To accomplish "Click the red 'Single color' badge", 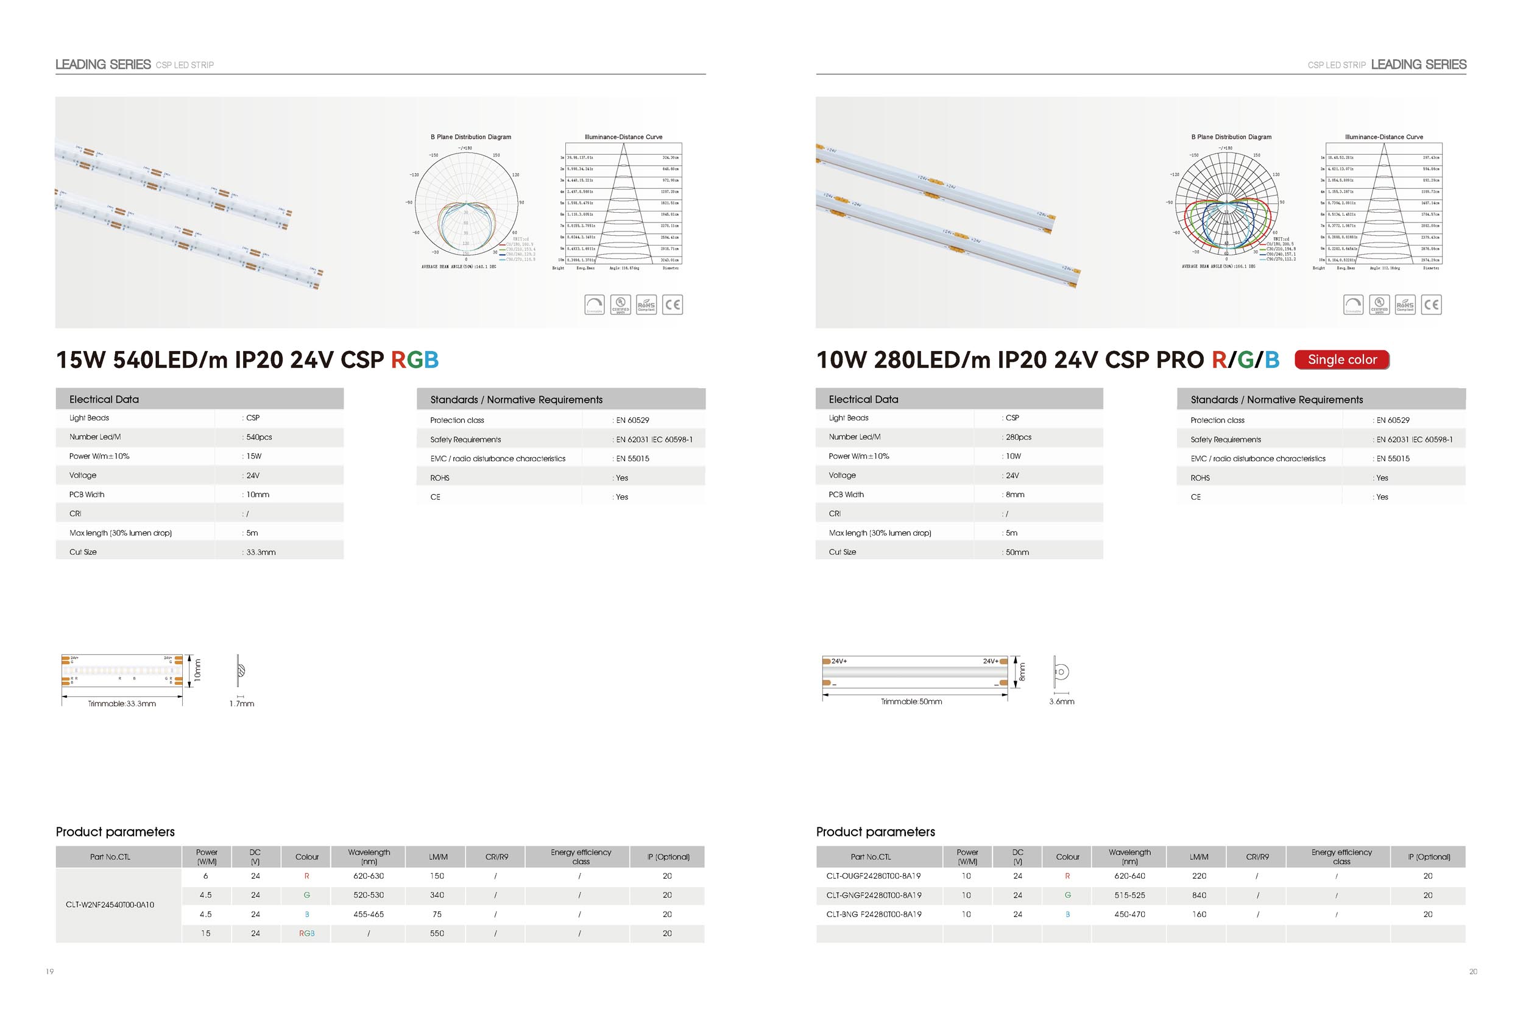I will point(1341,359).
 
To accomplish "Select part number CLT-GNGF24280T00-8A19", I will point(874,895).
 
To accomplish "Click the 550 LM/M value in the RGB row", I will point(437,933).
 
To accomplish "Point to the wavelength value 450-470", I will point(1130,914).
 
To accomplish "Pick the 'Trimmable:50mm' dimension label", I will point(911,702).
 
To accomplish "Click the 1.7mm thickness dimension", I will point(242,704).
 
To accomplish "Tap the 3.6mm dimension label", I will point(1062,702).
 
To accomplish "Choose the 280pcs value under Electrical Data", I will point(1019,437).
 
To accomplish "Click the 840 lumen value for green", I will point(1200,895).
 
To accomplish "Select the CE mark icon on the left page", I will point(673,305).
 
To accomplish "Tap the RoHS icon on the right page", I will point(1405,305).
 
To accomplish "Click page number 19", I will point(50,972).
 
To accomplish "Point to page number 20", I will point(1473,972).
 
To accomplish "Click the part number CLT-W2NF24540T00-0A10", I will point(110,905).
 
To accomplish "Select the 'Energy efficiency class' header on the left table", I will point(581,857).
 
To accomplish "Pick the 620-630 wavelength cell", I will point(369,876).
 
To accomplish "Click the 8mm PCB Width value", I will point(1015,495).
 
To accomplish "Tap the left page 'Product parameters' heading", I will point(115,832).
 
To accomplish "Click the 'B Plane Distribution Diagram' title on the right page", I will point(1231,137).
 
